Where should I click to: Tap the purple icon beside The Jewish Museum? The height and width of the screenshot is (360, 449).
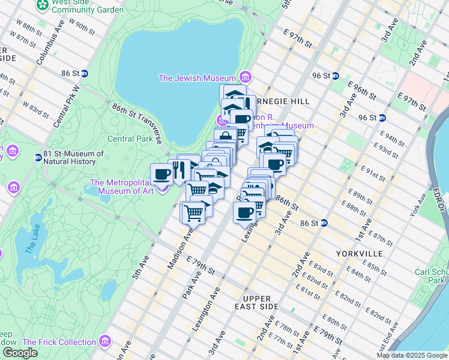pyautogui.click(x=244, y=77)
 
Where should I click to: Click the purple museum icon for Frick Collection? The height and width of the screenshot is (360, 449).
pyautogui.click(x=106, y=342)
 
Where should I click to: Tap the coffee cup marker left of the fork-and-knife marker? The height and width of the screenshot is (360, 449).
pyautogui.click(x=161, y=174)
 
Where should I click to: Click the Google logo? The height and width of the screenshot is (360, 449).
pyautogui.click(x=20, y=353)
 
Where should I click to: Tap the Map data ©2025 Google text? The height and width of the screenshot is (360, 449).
pyautogui.click(x=411, y=355)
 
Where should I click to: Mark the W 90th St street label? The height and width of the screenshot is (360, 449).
pyautogui.click(x=83, y=26)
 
